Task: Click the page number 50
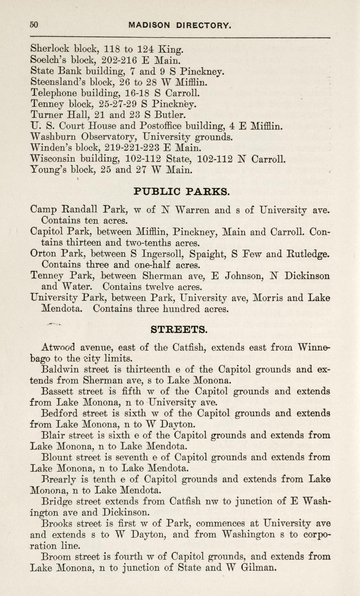(x=34, y=25)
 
